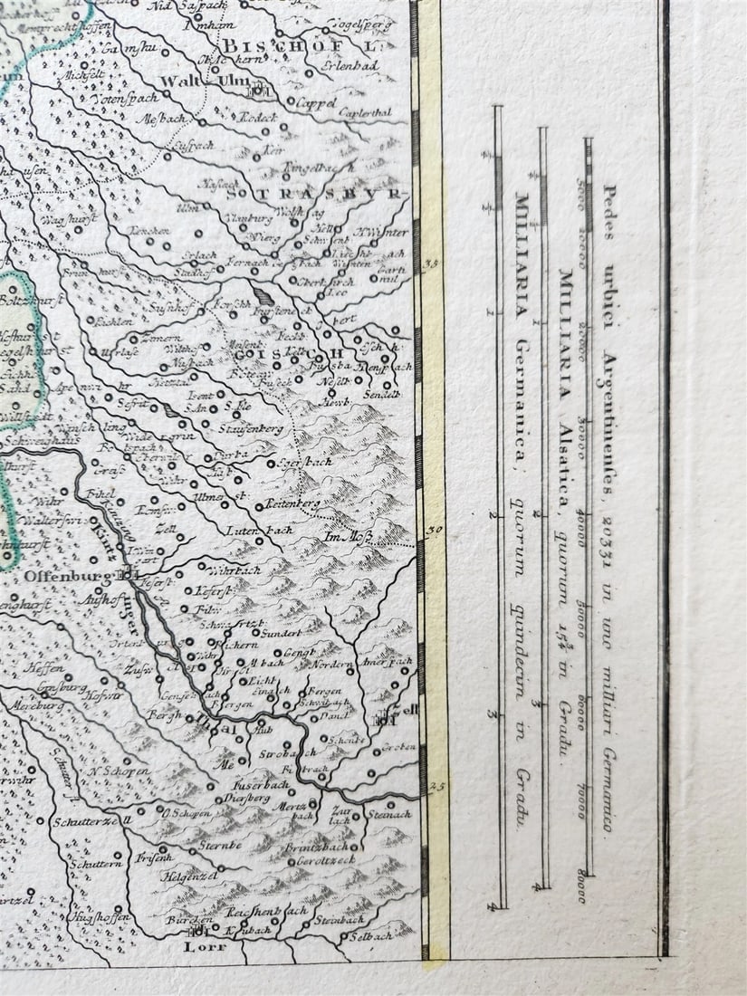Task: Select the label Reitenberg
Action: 288,503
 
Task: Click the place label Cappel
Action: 316,103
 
